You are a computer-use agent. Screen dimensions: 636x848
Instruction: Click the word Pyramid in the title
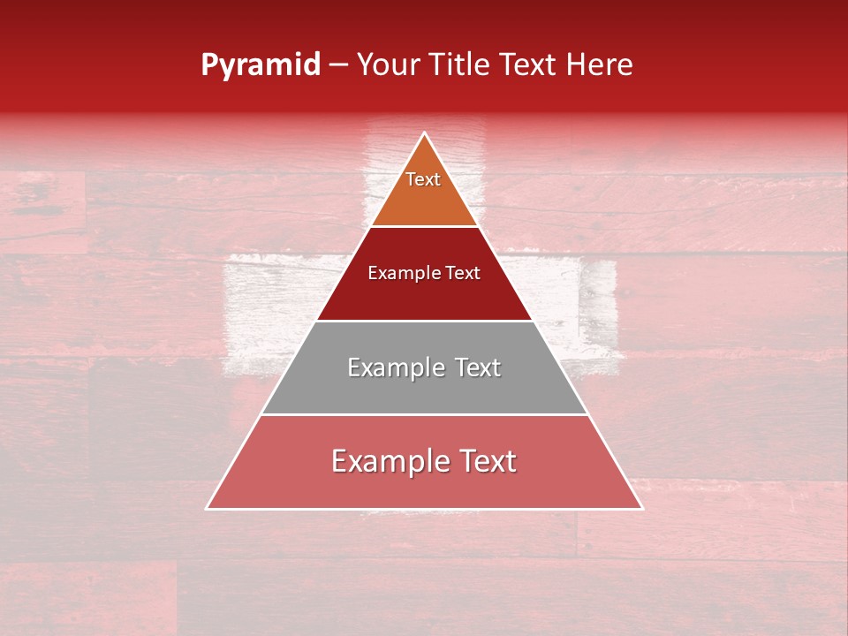click(x=260, y=65)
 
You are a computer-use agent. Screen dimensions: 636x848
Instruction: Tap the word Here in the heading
click(x=599, y=65)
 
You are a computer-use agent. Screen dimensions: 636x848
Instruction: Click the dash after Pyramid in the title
click(x=338, y=65)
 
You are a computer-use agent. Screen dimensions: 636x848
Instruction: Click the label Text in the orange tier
click(x=423, y=179)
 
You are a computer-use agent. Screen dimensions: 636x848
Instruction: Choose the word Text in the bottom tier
click(x=487, y=461)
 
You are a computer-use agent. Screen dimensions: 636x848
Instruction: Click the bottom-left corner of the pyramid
click(x=207, y=508)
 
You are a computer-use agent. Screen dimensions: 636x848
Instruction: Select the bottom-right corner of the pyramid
click(x=641, y=508)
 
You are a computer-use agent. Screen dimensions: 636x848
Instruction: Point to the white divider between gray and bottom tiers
click(x=424, y=414)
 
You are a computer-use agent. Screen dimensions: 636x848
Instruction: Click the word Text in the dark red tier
click(x=464, y=273)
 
